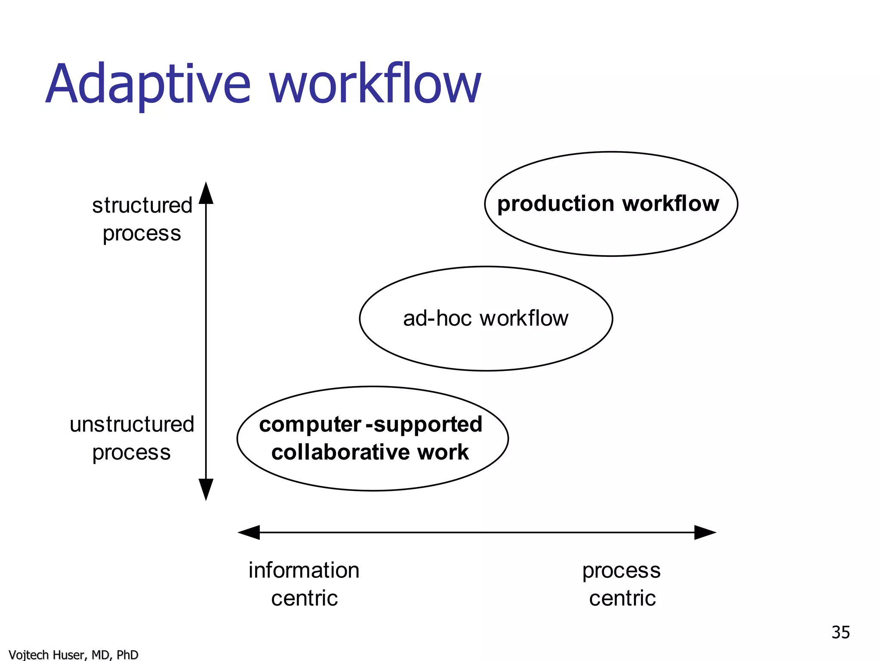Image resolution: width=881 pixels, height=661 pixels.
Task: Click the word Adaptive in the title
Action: point(148,84)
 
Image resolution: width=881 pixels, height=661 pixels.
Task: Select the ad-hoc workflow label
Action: point(486,319)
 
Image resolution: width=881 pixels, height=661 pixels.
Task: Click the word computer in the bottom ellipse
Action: point(310,425)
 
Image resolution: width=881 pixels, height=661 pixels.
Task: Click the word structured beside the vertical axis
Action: point(142,205)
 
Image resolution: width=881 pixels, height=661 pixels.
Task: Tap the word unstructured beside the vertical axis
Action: point(132,424)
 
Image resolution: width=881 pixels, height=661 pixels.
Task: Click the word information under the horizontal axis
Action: point(304,571)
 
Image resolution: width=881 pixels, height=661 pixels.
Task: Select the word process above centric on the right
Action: point(621,571)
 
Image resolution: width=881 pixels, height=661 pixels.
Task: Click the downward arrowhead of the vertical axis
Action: point(206,490)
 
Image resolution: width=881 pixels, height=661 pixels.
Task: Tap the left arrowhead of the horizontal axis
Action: point(249,532)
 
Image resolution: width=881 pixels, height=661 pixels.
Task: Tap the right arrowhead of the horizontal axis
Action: point(705,532)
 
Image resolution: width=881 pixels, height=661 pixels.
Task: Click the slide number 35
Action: point(841,633)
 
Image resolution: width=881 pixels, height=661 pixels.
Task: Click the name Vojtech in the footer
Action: point(28,655)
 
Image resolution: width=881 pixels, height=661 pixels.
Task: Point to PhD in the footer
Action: point(127,655)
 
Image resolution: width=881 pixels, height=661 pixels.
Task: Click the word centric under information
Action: point(305,599)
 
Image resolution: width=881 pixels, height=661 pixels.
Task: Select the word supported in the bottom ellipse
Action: point(428,425)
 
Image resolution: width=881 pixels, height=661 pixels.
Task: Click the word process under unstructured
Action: point(132,453)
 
